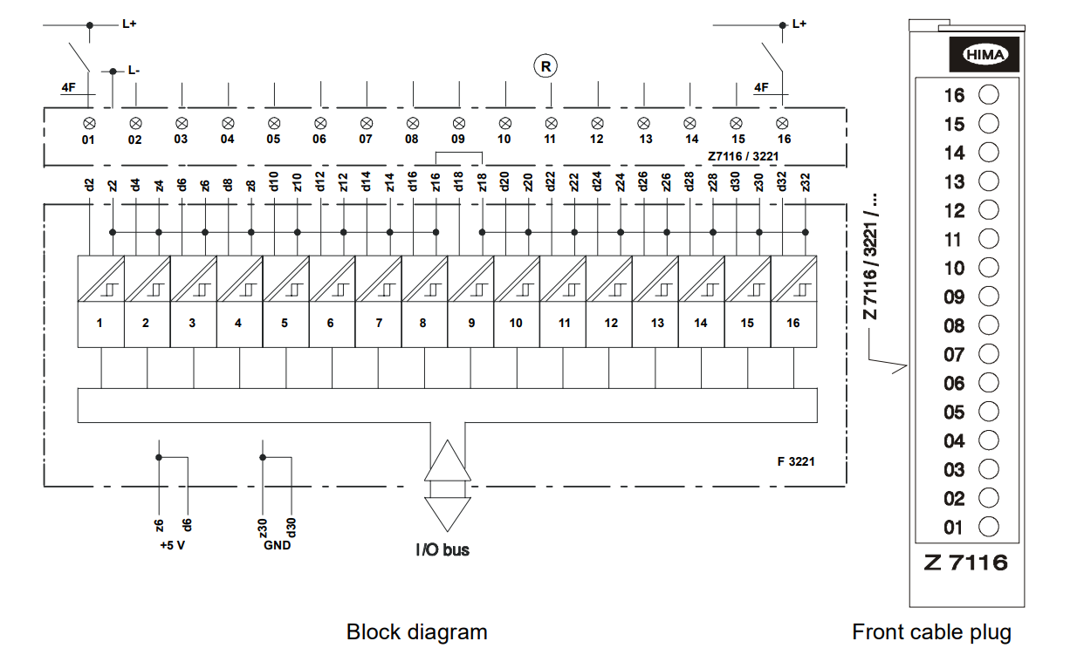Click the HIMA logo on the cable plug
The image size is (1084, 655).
coord(985,55)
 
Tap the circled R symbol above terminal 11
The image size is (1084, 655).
coord(545,65)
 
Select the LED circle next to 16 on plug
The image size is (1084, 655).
coord(989,94)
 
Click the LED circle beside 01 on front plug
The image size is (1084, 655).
coord(989,527)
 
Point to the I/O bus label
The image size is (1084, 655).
coord(442,550)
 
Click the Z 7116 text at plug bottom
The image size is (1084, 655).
coord(965,563)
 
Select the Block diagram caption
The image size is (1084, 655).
coord(416,631)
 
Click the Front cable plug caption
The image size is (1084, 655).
coord(931,631)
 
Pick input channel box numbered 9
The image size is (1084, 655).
coord(470,324)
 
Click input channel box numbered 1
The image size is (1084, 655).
coord(100,324)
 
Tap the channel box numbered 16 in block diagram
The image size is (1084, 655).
coord(792,324)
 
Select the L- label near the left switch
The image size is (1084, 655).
coord(133,70)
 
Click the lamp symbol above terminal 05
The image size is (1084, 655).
coord(273,123)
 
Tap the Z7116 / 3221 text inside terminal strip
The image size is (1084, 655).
coord(743,157)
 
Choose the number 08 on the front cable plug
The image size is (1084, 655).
coord(954,325)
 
